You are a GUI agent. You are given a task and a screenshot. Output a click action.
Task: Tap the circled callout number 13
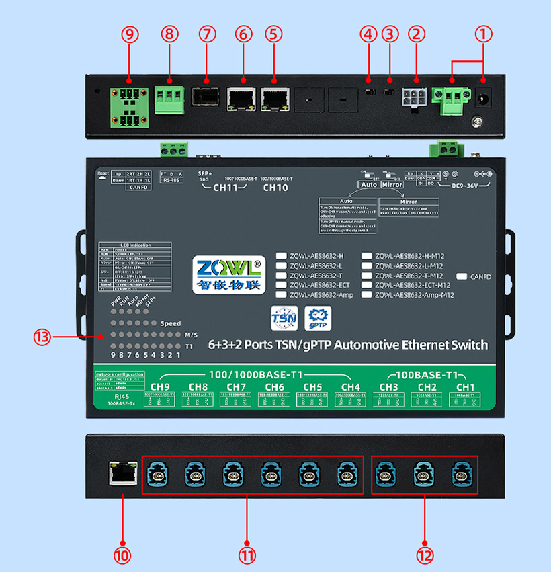click(42, 338)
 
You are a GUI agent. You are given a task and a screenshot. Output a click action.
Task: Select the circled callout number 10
click(122, 556)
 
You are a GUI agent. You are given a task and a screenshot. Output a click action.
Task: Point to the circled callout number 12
click(425, 556)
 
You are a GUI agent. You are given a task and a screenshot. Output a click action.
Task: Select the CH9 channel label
click(160, 387)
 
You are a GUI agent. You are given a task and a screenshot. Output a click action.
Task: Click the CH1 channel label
click(466, 387)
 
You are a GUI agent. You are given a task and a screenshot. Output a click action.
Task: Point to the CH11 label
click(226, 188)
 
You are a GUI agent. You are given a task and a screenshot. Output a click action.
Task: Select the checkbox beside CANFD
click(462, 276)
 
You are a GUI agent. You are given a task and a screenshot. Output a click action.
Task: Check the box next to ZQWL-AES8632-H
click(282, 256)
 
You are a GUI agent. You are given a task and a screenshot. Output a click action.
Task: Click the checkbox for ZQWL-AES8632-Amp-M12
click(367, 295)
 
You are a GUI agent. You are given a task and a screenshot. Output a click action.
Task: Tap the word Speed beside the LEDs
click(171, 323)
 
